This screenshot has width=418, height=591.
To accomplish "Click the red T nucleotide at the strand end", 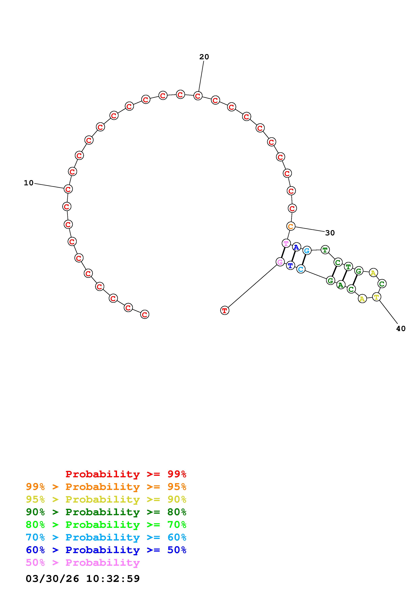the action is (x=225, y=310).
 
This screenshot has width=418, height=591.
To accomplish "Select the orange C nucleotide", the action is (x=291, y=226).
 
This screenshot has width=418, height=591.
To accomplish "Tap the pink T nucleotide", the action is (x=286, y=243).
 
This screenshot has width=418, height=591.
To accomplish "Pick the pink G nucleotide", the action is (x=280, y=262).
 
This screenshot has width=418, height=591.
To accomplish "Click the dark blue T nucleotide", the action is (x=290, y=265).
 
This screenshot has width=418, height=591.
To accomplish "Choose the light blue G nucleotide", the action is (x=307, y=251).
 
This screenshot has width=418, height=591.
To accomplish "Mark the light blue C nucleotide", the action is (x=300, y=269).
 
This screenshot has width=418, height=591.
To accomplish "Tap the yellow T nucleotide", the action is (x=377, y=297).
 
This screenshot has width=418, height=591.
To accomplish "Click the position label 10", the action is (x=29, y=183).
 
